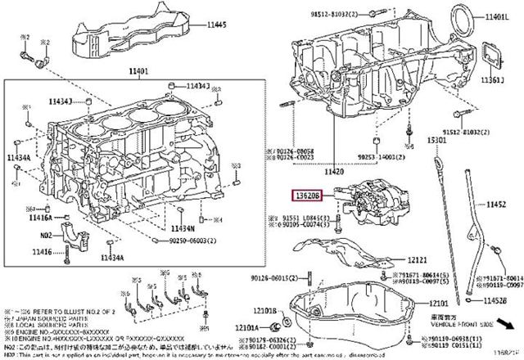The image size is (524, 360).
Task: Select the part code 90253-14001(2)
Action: tap(357, 156)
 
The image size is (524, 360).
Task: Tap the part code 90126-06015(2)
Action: tap(273, 280)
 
